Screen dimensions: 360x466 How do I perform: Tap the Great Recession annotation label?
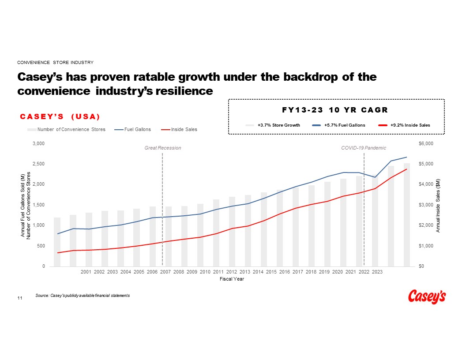point(163,148)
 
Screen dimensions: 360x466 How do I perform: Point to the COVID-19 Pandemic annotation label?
point(364,148)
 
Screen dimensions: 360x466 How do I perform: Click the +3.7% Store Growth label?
point(278,125)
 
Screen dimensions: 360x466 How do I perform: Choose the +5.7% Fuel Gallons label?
point(344,125)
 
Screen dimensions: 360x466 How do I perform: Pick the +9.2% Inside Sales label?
point(410,125)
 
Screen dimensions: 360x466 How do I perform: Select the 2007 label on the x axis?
point(165,272)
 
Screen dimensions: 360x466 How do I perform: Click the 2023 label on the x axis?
point(377,272)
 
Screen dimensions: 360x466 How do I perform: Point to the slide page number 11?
point(19,299)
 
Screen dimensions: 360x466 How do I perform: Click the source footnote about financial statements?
point(83,295)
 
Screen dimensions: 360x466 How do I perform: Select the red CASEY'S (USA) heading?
point(60,116)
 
